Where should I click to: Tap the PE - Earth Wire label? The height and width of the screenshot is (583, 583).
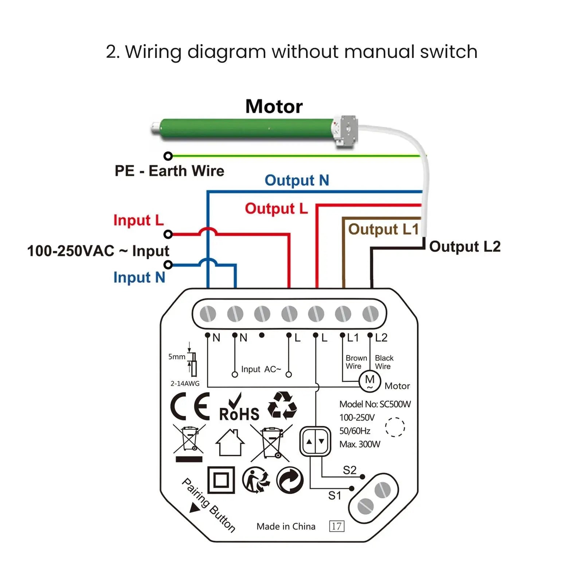click(169, 171)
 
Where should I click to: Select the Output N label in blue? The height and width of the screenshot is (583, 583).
click(297, 180)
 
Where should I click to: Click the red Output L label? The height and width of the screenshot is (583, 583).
click(276, 208)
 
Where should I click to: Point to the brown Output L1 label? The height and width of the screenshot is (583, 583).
click(383, 229)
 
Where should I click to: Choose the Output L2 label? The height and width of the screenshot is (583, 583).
click(465, 247)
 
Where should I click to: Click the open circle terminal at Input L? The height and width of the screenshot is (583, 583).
click(168, 234)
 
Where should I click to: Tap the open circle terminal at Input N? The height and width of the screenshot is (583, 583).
click(168, 265)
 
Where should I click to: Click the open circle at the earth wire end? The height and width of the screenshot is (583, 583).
click(168, 156)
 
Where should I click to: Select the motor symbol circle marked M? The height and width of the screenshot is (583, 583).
click(369, 381)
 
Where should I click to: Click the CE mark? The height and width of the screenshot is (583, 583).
click(190, 406)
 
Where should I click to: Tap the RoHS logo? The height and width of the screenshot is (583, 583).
click(239, 409)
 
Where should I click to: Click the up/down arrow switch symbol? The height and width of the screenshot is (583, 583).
click(315, 442)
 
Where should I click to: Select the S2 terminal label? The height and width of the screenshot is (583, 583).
click(349, 470)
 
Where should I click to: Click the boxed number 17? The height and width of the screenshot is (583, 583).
click(336, 526)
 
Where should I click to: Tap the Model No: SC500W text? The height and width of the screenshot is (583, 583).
click(375, 404)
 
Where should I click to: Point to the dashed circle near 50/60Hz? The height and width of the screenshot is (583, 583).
click(395, 427)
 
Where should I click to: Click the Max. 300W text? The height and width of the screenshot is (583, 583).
click(360, 444)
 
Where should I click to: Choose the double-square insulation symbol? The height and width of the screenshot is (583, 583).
click(221, 480)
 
